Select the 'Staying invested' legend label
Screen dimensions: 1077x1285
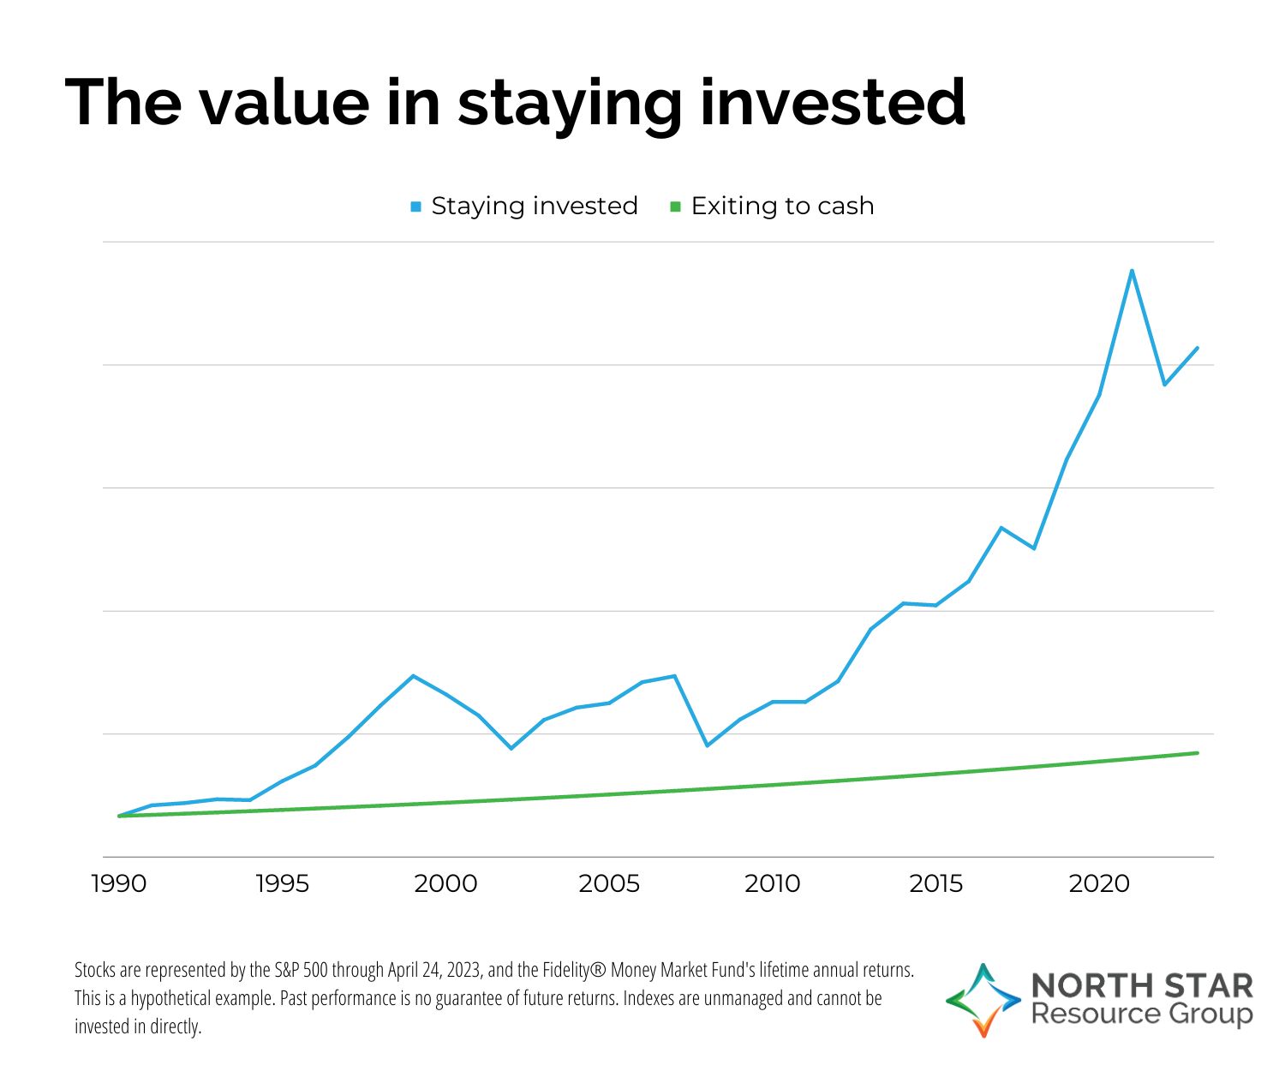coord(535,206)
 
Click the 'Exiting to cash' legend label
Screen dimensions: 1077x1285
coord(782,206)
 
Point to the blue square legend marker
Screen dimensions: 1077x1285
coord(416,207)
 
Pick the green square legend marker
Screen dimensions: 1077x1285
coord(675,207)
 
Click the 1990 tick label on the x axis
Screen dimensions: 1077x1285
coord(118,883)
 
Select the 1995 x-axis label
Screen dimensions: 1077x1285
coord(282,883)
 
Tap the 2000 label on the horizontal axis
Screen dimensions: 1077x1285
coord(445,883)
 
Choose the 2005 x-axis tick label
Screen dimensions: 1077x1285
coord(609,883)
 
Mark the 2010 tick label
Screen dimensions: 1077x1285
coord(772,883)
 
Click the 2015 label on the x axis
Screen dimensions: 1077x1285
coord(935,883)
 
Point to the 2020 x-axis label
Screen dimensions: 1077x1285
coord(1099,883)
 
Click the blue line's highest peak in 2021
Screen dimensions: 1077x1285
coord(1132,271)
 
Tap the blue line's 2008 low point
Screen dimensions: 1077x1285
coord(707,745)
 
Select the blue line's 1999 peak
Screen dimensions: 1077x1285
coord(413,676)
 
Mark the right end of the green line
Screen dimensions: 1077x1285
coord(1197,753)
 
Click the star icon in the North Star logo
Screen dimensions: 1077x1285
coord(983,1000)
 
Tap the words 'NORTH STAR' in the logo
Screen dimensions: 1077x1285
coord(1142,985)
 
